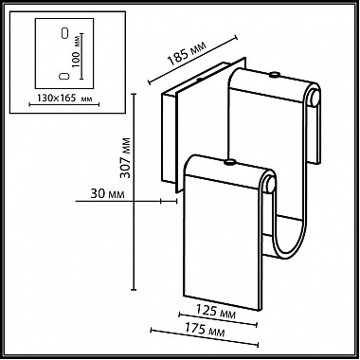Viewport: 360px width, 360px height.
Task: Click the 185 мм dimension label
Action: click(x=187, y=53)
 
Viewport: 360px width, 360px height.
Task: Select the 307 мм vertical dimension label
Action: click(x=125, y=157)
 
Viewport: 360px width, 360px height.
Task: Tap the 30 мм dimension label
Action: click(x=107, y=194)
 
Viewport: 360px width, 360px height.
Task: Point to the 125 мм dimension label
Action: click(x=216, y=311)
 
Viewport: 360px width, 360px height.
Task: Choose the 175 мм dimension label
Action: click(x=206, y=330)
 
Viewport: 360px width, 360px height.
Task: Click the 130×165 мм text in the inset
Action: click(x=64, y=99)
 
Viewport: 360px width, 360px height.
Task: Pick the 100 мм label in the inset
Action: click(x=76, y=51)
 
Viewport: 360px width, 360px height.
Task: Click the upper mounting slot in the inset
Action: click(x=64, y=33)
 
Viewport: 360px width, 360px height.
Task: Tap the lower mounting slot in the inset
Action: click(x=64, y=76)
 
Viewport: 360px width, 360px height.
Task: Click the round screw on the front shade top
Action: click(x=229, y=162)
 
